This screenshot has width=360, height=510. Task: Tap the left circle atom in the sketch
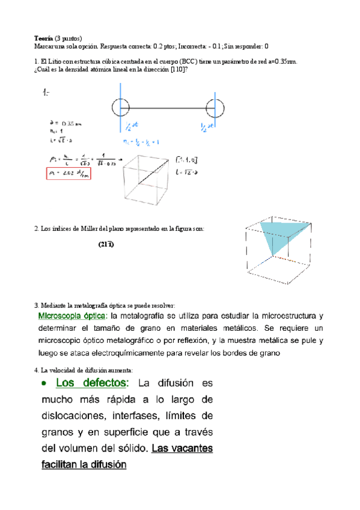pos(120,108)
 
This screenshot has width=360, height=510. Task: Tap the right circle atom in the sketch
pos(215,109)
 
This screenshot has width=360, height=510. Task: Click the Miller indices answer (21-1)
pos(106,245)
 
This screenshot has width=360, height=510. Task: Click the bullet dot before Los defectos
pos(43,384)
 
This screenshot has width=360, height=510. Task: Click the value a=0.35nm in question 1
pos(282,61)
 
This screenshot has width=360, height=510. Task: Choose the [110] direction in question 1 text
pos(178,70)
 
